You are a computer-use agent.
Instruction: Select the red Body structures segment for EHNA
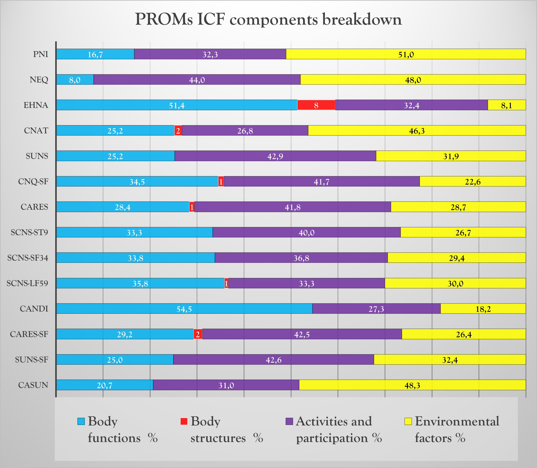(316, 105)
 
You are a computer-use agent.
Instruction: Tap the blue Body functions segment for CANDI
(184, 309)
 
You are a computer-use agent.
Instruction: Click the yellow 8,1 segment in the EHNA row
(506, 105)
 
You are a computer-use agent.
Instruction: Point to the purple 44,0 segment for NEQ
(197, 80)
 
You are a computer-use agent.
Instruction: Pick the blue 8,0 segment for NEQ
(75, 80)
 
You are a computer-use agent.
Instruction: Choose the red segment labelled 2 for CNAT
(178, 130)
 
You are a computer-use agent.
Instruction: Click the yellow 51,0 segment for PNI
(406, 54)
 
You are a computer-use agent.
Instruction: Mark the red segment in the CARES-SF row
(198, 334)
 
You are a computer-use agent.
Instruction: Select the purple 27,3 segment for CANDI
(376, 309)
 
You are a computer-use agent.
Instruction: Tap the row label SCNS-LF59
(28, 283)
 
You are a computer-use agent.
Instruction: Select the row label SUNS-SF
(32, 360)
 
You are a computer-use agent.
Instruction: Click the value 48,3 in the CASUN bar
(412, 385)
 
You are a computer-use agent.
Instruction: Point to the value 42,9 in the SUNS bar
(275, 156)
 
